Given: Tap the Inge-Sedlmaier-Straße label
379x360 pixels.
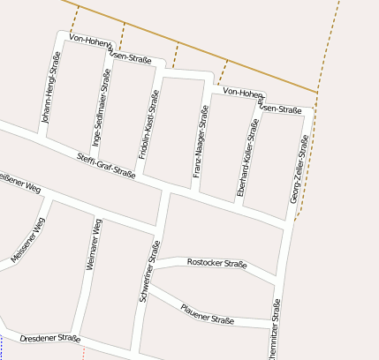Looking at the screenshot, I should coord(101,114).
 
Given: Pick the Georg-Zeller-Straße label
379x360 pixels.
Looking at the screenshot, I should coord(299,169).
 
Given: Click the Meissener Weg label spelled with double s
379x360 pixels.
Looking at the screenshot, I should coord(27,240).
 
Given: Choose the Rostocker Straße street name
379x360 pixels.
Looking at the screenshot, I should coord(216,263).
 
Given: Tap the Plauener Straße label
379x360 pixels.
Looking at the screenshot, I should coord(206,313).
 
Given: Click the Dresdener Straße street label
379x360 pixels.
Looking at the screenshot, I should coord(49,338).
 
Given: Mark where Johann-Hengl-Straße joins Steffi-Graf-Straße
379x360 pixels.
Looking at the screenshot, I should coord(41,137).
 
